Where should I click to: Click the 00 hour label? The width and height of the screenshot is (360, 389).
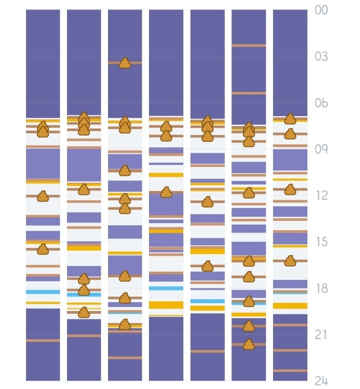(x=321, y=10)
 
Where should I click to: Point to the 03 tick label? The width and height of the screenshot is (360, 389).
(x=321, y=56)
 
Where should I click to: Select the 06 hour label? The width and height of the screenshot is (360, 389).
(x=321, y=103)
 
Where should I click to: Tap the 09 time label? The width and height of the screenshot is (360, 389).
(x=321, y=149)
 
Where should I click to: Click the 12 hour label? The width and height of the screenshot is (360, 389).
(x=322, y=196)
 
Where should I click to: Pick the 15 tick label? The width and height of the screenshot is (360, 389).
(x=322, y=242)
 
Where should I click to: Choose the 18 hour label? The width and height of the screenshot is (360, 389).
(x=322, y=288)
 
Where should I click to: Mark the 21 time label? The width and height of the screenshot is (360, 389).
(x=321, y=335)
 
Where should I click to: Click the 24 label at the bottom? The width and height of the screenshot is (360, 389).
(x=321, y=381)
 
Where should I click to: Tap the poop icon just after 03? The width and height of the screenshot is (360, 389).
(x=125, y=63)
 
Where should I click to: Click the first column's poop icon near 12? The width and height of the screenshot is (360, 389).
(x=43, y=196)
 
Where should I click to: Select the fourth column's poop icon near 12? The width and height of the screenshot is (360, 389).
(x=166, y=192)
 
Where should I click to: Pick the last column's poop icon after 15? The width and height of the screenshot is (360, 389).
(x=290, y=261)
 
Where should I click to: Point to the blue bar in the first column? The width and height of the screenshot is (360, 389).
(x=43, y=292)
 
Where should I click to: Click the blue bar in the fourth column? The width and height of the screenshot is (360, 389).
(x=166, y=288)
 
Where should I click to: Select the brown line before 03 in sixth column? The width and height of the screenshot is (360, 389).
(x=249, y=45)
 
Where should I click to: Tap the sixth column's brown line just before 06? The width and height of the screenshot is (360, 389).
(x=249, y=94)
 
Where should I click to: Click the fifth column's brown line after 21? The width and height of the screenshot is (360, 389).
(x=208, y=351)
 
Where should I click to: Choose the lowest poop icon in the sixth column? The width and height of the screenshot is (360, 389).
(x=249, y=344)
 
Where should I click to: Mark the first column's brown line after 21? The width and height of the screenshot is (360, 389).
(x=43, y=341)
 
